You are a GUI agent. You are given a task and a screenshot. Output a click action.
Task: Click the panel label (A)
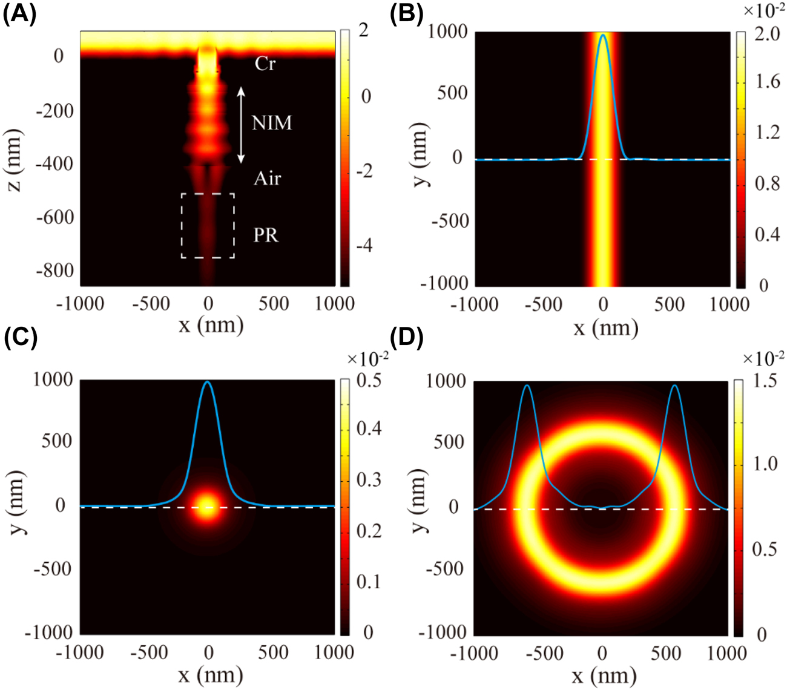(x=19, y=13)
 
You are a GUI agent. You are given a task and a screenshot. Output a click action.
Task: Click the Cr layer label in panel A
(x=265, y=64)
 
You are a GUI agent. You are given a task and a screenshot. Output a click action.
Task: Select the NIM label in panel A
(x=272, y=123)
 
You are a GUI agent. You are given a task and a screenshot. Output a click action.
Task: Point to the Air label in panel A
(x=267, y=178)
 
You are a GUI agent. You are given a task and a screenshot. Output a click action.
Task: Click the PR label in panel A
(x=266, y=235)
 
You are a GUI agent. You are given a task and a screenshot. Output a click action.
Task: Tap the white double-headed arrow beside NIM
(x=240, y=125)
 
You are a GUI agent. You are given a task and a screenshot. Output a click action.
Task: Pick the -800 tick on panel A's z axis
(x=55, y=271)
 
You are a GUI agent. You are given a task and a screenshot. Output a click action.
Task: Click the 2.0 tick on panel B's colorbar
(x=768, y=34)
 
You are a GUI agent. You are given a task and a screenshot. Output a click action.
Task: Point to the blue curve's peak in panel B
(x=603, y=35)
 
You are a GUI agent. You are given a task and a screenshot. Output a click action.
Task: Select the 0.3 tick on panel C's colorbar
(x=368, y=480)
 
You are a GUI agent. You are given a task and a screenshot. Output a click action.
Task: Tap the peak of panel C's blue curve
(x=208, y=382)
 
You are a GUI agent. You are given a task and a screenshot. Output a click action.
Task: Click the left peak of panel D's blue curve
(x=527, y=386)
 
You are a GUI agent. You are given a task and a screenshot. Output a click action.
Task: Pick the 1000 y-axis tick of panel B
(x=448, y=31)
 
